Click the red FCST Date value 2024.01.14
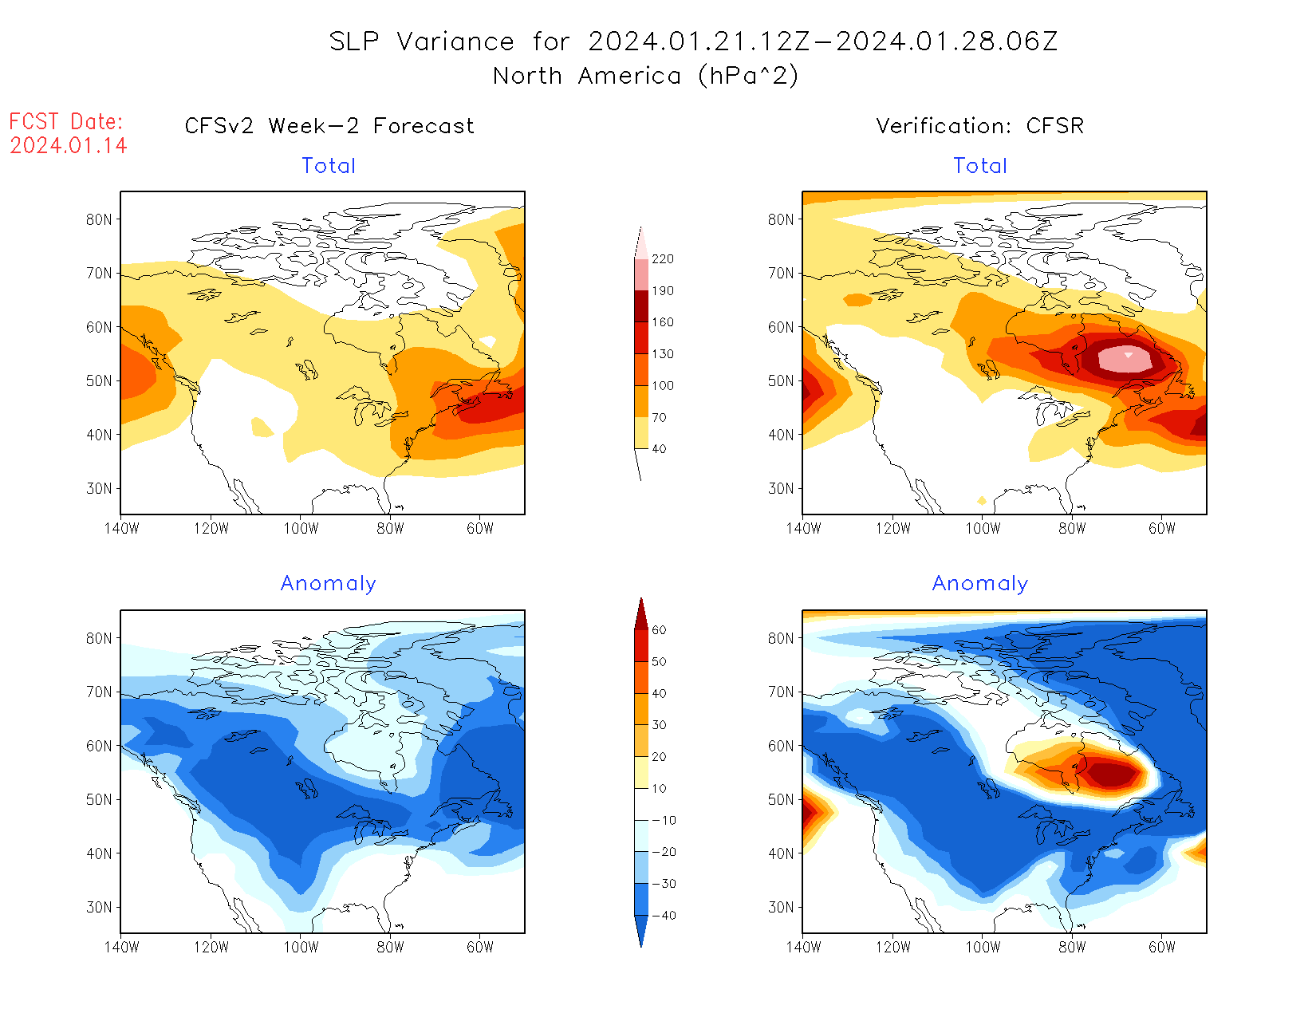pos(69,146)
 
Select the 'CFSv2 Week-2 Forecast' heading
pos(329,126)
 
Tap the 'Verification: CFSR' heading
pos(980,126)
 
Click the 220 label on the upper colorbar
pos(663,259)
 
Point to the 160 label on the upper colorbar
pos(663,322)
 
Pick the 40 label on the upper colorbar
pos(659,449)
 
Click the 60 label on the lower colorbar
pos(659,630)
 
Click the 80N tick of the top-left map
pos(99,219)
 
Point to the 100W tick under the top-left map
pos(301,528)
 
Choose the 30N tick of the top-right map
pos(781,488)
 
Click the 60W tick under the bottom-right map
pos(1162,947)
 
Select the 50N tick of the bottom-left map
pos(99,799)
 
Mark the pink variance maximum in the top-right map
pos(1125,360)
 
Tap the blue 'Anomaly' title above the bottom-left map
pos(329,584)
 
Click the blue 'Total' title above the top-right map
pos(980,166)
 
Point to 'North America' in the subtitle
pos(587,76)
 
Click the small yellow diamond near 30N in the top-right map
pos(982,501)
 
